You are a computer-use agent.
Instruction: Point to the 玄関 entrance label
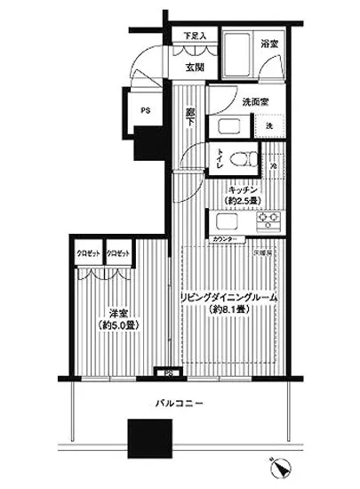click(x=196, y=65)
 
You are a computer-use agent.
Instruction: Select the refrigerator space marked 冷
click(x=273, y=164)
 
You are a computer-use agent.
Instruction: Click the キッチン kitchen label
click(x=242, y=189)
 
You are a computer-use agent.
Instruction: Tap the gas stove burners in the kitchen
click(x=268, y=219)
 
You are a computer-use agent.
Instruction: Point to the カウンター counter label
click(x=226, y=240)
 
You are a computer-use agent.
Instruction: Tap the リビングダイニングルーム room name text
click(x=229, y=298)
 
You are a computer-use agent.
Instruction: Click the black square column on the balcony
click(x=146, y=438)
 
